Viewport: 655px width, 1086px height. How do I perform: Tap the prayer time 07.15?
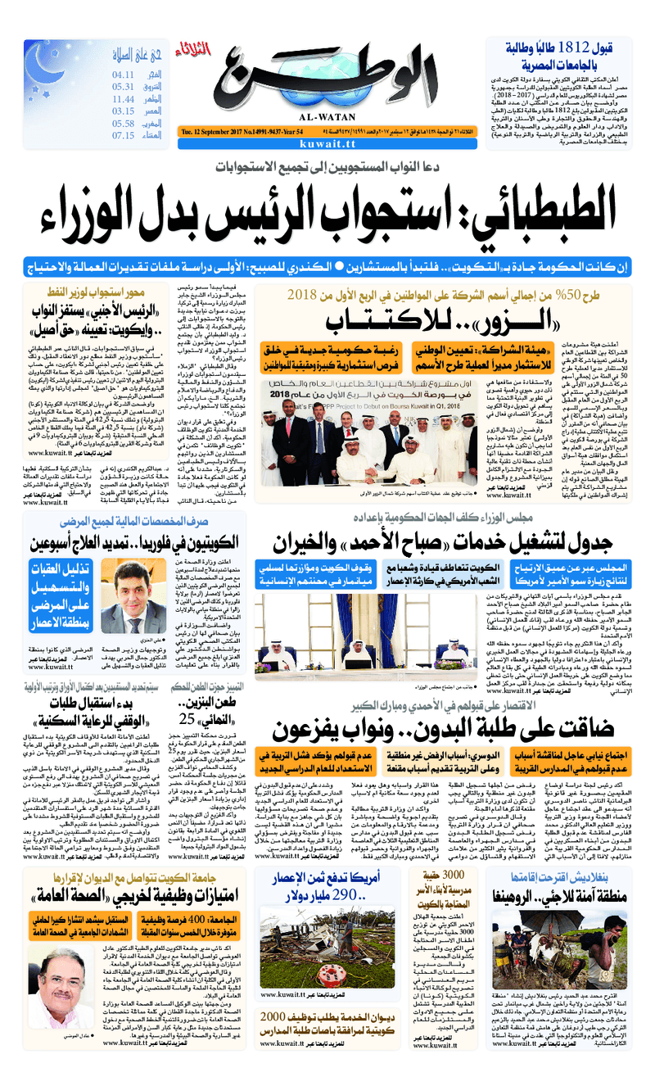pyautogui.click(x=124, y=135)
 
